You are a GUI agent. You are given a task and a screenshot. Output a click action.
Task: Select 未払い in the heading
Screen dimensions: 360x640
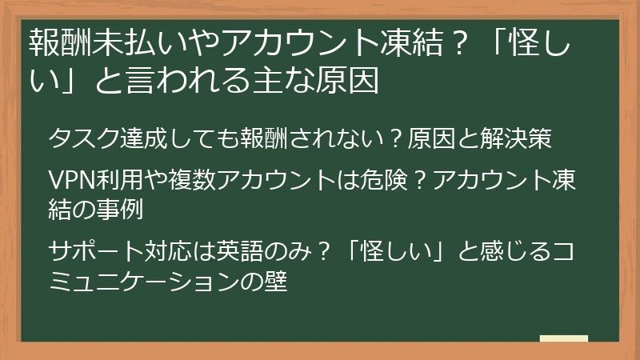tap(122, 41)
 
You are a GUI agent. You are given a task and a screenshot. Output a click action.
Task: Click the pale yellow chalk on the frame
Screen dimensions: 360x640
tap(563, 339)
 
